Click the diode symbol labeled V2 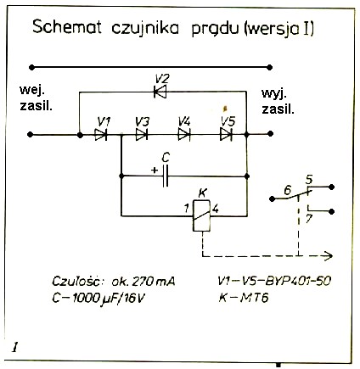click(x=160, y=92)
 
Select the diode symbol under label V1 click(x=101, y=135)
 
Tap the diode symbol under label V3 click(x=142, y=135)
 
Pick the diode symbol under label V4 click(x=184, y=135)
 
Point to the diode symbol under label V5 click(x=226, y=135)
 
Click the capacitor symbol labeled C click(x=166, y=176)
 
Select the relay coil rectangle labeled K click(x=201, y=215)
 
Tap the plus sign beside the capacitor click(x=155, y=171)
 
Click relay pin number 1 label click(x=186, y=209)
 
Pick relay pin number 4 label click(x=216, y=209)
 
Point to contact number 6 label click(x=287, y=191)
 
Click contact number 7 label click(x=309, y=220)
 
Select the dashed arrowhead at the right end click(x=329, y=256)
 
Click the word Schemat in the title click(x=67, y=27)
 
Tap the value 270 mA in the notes click(x=154, y=282)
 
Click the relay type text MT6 click(x=254, y=298)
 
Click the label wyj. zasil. click(x=278, y=101)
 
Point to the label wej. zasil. click(x=36, y=98)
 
